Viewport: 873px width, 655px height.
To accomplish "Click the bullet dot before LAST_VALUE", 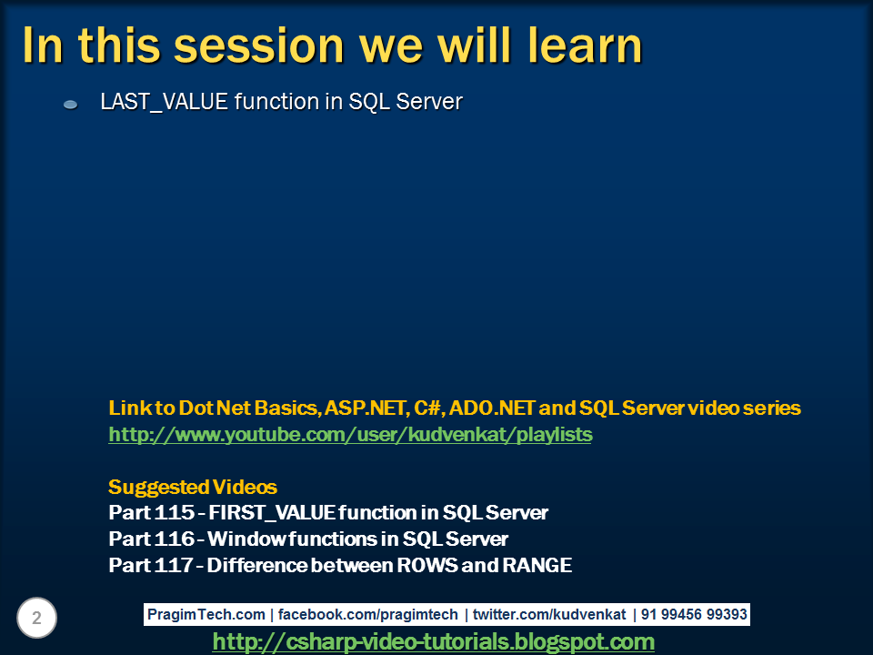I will [x=70, y=106].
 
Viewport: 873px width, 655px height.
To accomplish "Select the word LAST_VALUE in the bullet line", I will [x=164, y=102].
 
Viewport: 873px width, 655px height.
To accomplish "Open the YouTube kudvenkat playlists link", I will [x=350, y=435].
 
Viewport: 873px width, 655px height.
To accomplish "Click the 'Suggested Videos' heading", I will [x=193, y=487].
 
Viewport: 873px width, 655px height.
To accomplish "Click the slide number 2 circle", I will [x=37, y=619].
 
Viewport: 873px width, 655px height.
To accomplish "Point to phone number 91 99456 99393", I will [x=694, y=615].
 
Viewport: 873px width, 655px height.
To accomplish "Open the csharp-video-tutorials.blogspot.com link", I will [x=433, y=642].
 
